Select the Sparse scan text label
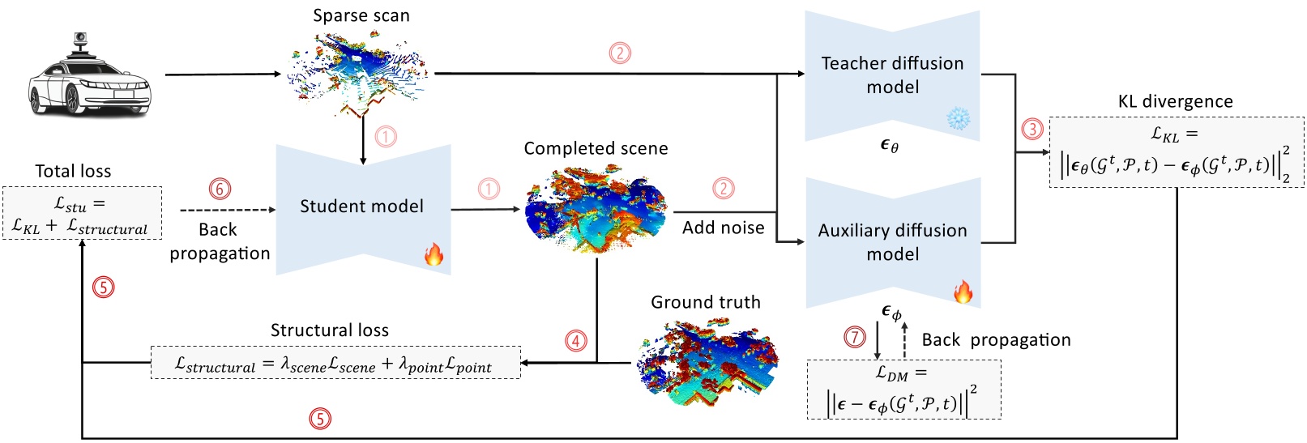coord(361,15)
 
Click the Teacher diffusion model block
coord(892,76)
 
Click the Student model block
coord(363,210)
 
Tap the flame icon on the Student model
coord(434,255)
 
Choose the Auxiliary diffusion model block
coord(893,242)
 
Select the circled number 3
coord(1032,129)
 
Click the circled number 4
coord(576,340)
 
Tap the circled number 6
coord(220,189)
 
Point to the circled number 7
coord(855,337)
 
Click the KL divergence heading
coord(1175,101)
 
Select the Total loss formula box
coord(83,213)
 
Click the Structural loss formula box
coord(335,363)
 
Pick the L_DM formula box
coord(903,390)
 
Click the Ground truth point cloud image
coord(707,361)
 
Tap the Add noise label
coord(724,228)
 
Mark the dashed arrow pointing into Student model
coord(228,210)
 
